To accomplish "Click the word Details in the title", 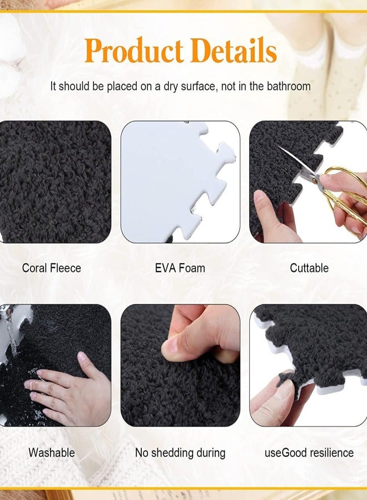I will point(234,52).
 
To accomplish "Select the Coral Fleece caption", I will point(52,268).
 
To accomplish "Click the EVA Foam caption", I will point(180,268).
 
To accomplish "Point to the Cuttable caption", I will point(309,268).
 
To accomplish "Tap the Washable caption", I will point(52,453).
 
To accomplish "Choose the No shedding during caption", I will point(180,453).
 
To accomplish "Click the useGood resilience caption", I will point(309,453).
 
